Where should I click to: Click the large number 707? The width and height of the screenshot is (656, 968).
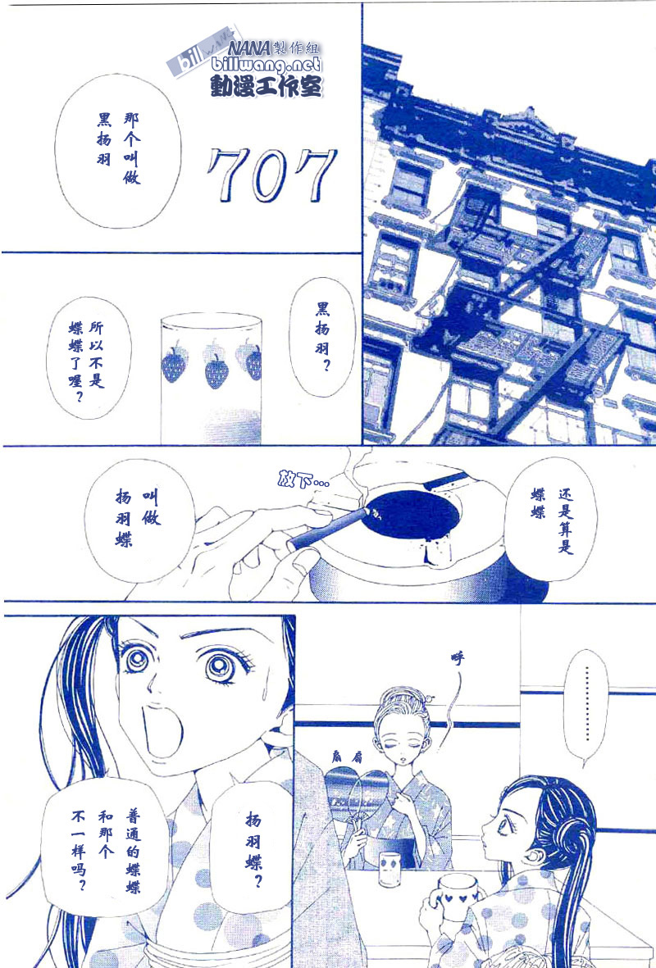272,175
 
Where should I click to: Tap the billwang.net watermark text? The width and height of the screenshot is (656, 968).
266,65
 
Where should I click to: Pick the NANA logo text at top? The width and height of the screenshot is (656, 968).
249,48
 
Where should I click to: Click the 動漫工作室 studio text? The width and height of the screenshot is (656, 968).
266,86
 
